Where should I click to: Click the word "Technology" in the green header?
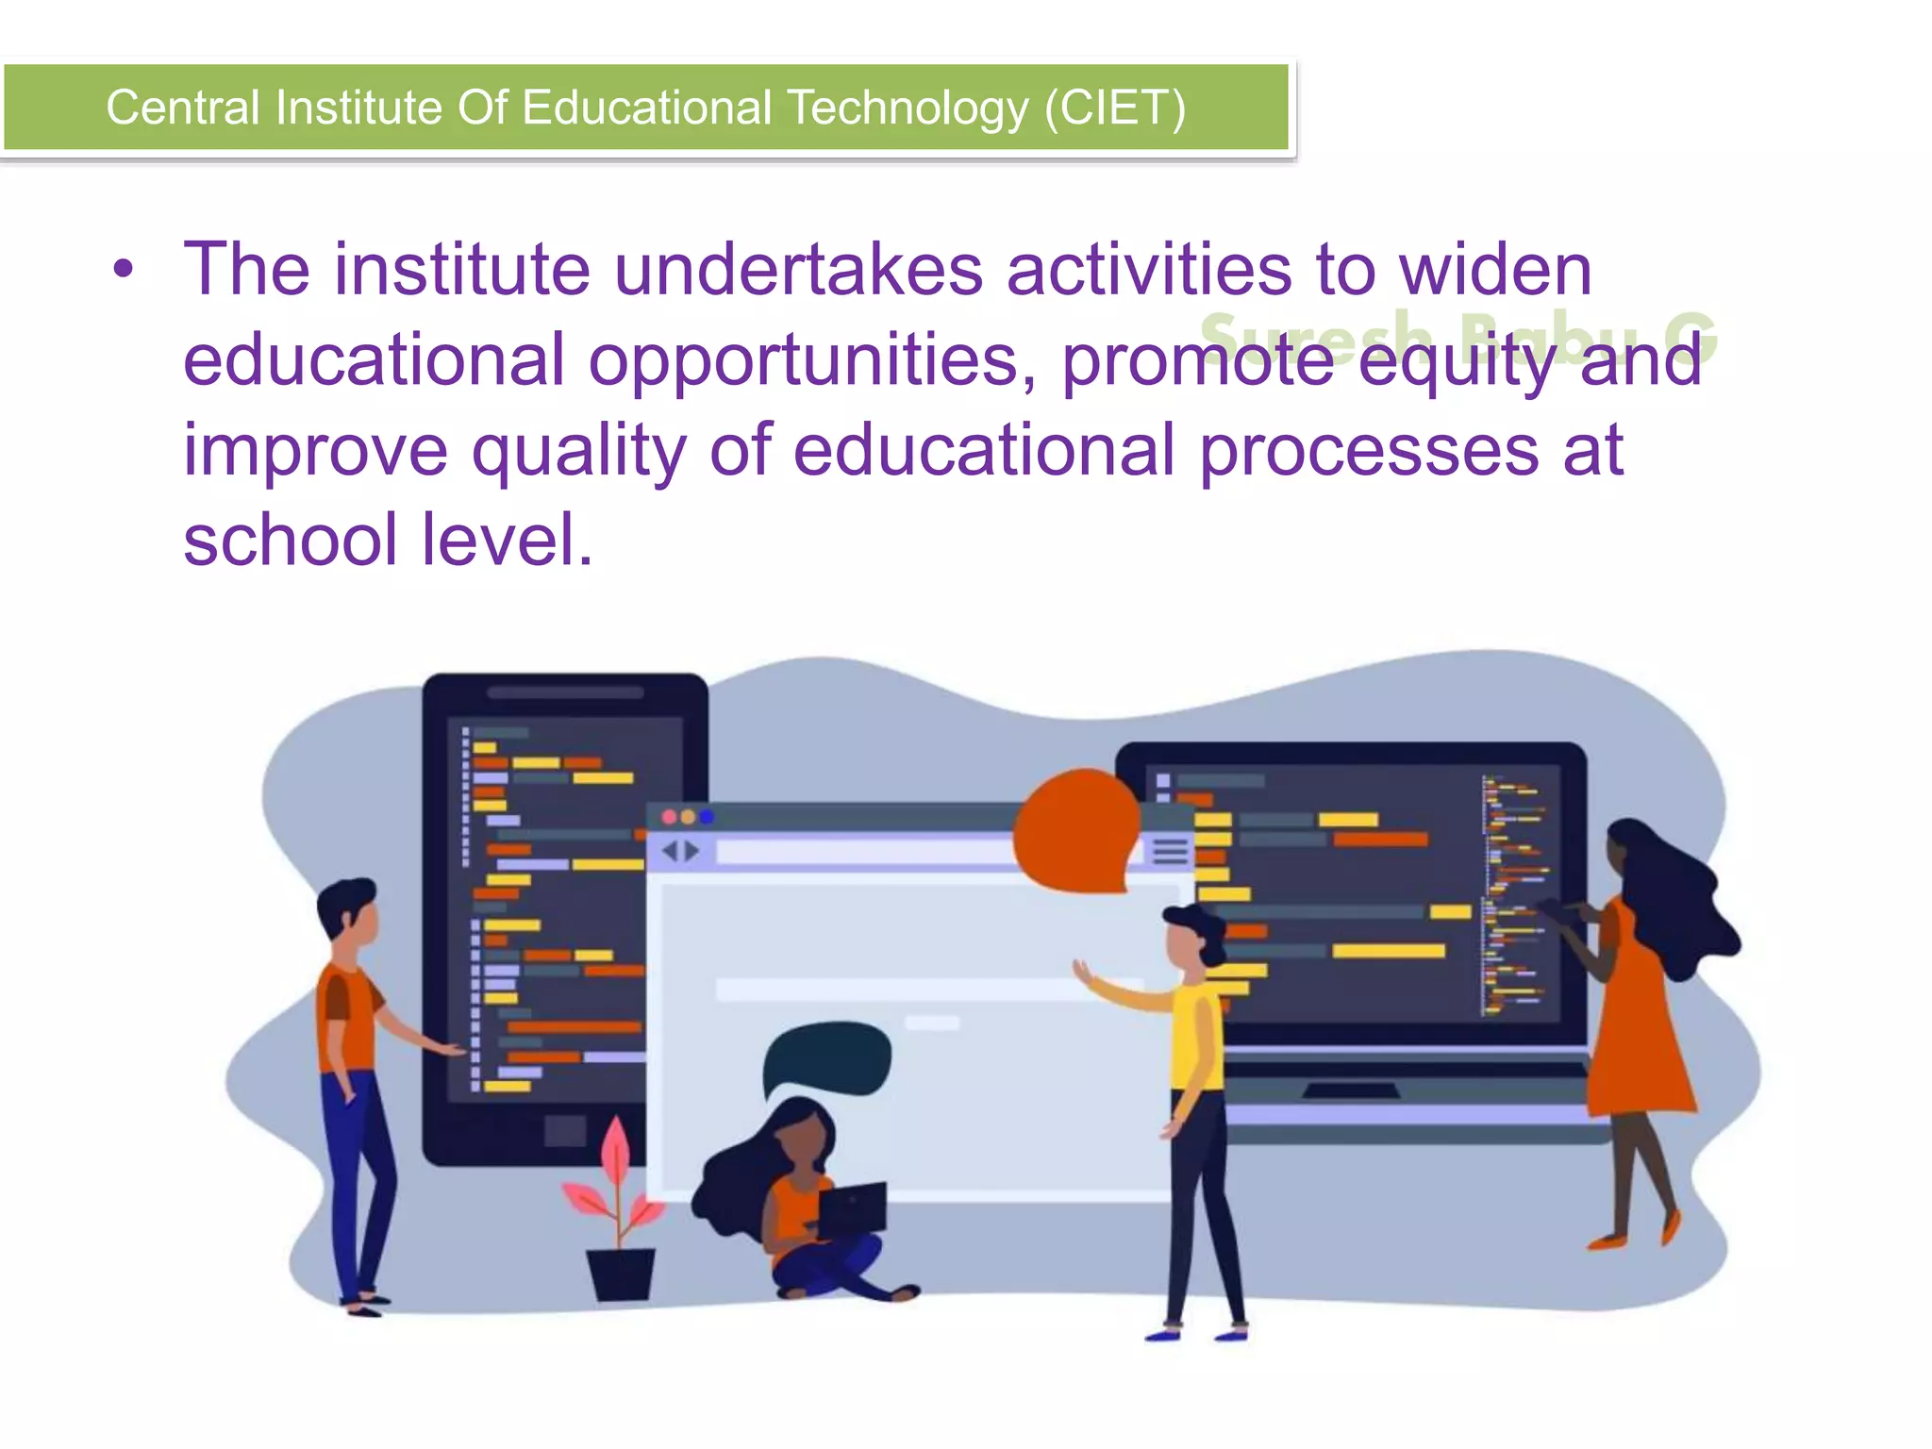pyautogui.click(x=908, y=108)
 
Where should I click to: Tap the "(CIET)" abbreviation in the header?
pyautogui.click(x=1114, y=108)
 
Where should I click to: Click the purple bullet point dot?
pyautogui.click(x=123, y=271)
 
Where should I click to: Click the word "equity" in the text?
pyautogui.click(x=1458, y=361)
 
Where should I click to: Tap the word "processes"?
pyautogui.click(x=1369, y=452)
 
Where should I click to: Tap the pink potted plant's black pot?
pyautogui.click(x=620, y=1274)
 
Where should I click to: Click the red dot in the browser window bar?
pyautogui.click(x=669, y=817)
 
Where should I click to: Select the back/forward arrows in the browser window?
pyautogui.click(x=681, y=852)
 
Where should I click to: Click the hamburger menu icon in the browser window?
pyautogui.click(x=1171, y=851)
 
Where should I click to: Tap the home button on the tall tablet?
pyautogui.click(x=565, y=1130)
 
